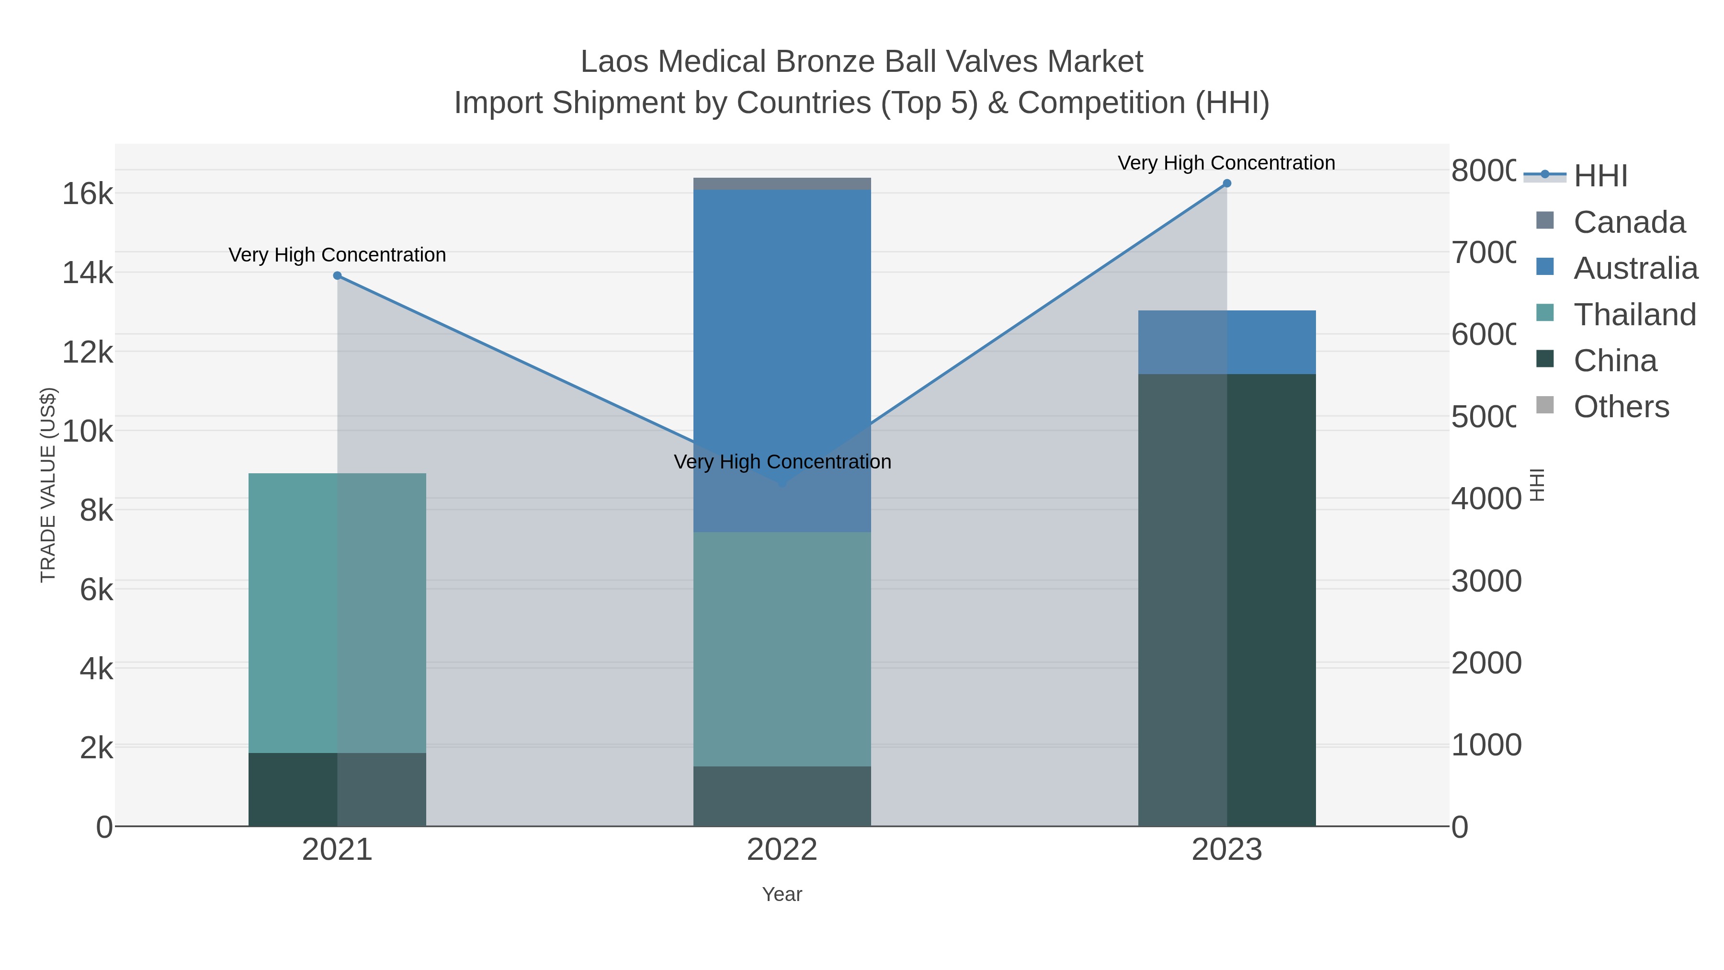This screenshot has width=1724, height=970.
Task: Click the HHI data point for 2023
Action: [x=1227, y=183]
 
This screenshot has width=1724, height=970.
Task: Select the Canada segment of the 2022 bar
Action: [x=782, y=184]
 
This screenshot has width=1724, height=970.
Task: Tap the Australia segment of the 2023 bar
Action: [x=1227, y=342]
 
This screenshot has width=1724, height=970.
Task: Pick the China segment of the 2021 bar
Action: [x=337, y=789]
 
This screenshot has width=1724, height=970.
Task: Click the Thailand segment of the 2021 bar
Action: [x=337, y=613]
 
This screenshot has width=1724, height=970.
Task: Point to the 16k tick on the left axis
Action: [x=88, y=194]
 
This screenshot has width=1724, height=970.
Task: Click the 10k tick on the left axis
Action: [x=88, y=431]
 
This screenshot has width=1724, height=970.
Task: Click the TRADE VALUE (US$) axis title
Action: [x=48, y=485]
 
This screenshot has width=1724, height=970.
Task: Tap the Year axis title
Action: [x=782, y=894]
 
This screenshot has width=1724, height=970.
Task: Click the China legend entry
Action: [x=1615, y=361]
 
